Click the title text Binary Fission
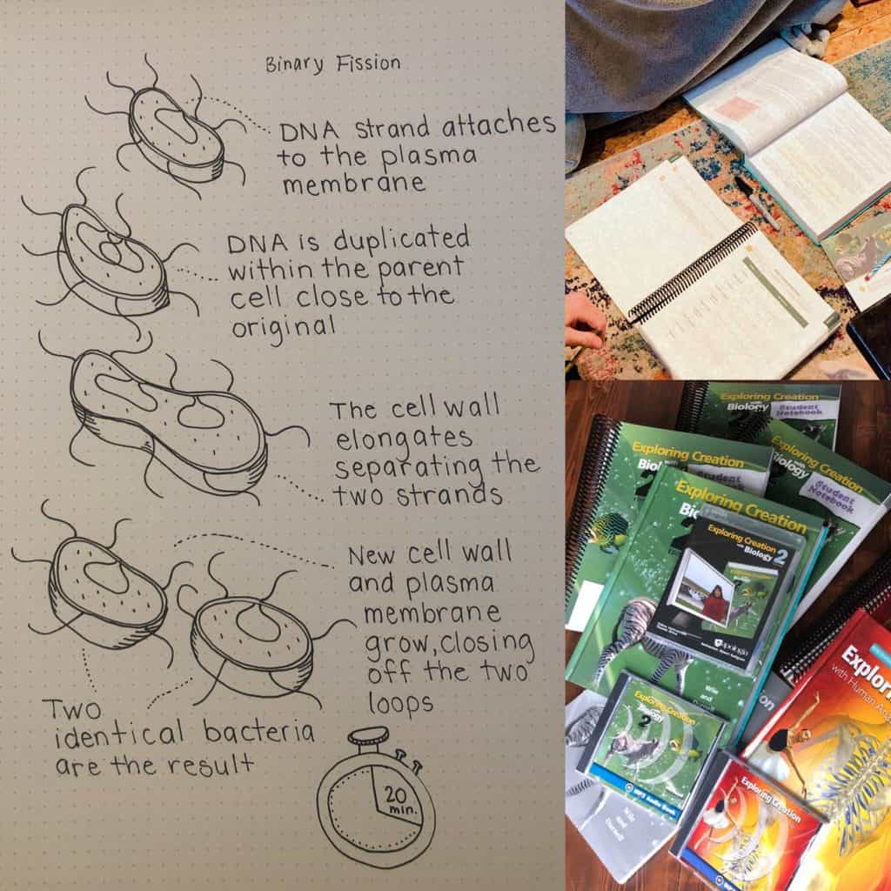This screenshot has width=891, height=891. (x=334, y=64)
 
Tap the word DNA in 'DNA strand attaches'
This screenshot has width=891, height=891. (x=300, y=132)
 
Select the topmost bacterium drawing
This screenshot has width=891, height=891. (x=177, y=139)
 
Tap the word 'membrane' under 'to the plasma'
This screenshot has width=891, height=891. (x=352, y=184)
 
